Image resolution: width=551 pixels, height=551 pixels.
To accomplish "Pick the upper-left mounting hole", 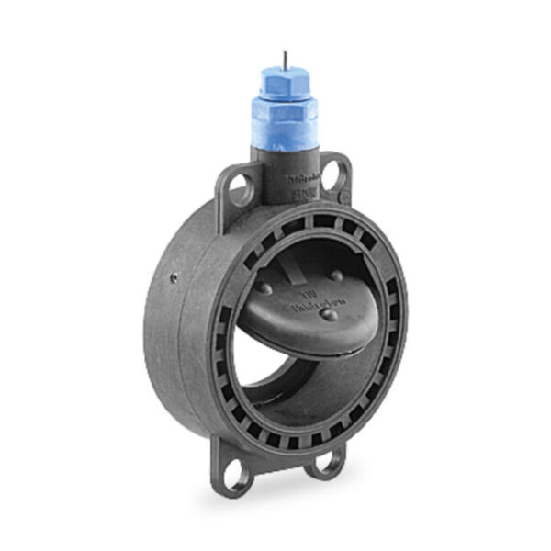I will (239, 190).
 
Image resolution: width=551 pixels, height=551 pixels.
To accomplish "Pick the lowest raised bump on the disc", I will (328, 315).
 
